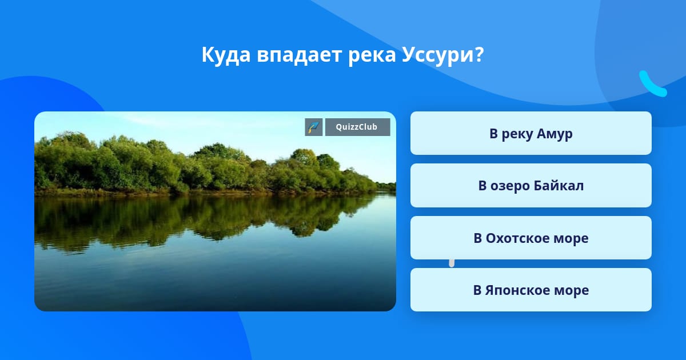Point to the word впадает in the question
click(x=299, y=55)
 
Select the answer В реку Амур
click(x=531, y=133)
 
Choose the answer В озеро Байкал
click(x=531, y=186)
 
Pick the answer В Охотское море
click(x=531, y=238)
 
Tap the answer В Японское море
click(x=531, y=290)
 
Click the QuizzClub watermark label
click(x=357, y=127)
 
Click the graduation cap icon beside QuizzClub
click(x=314, y=127)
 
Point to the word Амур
click(x=555, y=134)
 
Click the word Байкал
click(x=559, y=186)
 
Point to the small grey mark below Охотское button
click(x=452, y=263)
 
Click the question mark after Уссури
click(x=478, y=54)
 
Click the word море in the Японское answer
click(x=572, y=291)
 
